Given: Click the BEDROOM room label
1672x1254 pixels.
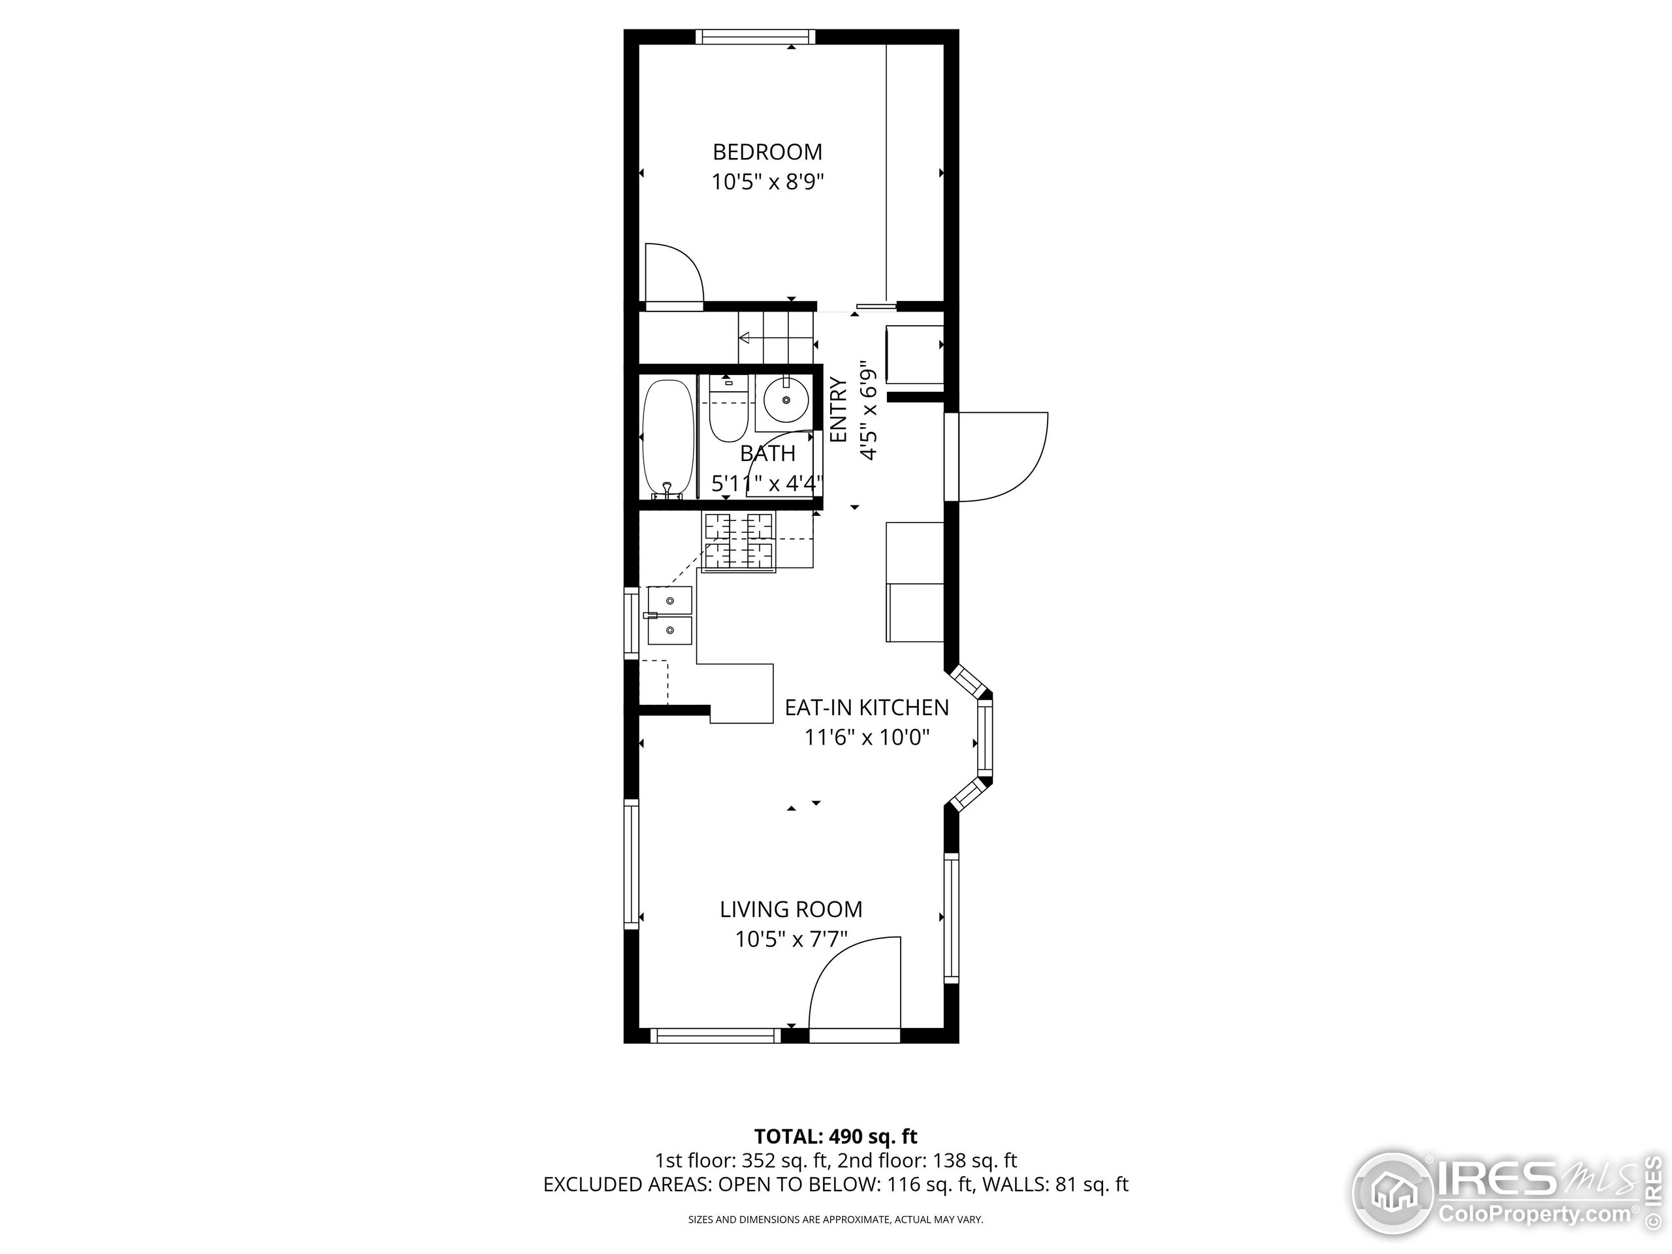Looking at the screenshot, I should (x=767, y=152).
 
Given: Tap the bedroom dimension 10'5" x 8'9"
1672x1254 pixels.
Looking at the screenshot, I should (x=767, y=182).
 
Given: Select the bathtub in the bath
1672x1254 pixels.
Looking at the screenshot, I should (x=667, y=438).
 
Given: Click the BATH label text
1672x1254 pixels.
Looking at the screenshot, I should (x=767, y=453).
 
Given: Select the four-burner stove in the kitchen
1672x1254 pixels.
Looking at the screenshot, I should (x=739, y=542).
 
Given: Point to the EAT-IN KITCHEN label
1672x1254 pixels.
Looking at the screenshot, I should (x=866, y=707).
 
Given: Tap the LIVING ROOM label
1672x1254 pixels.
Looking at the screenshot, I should (x=791, y=909).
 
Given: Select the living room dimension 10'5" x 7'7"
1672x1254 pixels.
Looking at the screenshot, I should (x=791, y=940).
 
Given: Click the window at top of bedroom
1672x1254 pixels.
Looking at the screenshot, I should (x=756, y=37).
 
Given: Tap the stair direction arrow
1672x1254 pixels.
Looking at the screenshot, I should (x=745, y=338).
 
